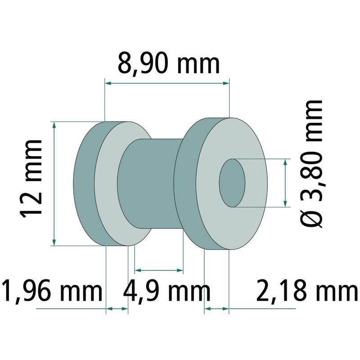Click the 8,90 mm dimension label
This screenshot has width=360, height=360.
[169, 63]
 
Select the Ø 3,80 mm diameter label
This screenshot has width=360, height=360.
[311, 164]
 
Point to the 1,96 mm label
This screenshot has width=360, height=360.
[52, 290]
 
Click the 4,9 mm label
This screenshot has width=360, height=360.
[167, 290]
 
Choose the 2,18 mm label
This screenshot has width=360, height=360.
[307, 290]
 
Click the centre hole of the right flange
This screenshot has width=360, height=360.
[232, 183]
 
